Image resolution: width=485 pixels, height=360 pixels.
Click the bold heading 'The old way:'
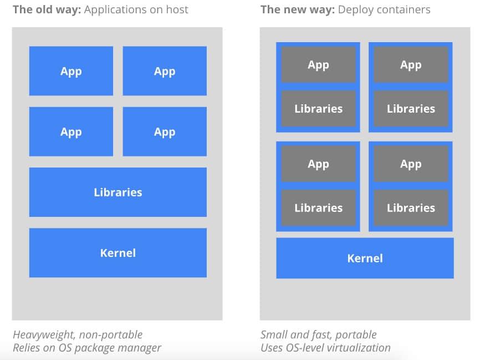pyautogui.click(x=47, y=9)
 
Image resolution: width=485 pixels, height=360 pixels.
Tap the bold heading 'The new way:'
pyautogui.click(x=296, y=9)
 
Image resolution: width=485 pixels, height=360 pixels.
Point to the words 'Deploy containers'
pyautogui.click(x=382, y=9)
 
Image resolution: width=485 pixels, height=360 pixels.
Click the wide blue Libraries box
pyautogui.click(x=118, y=192)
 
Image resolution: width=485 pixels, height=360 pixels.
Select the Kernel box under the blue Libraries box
pyautogui.click(x=118, y=252)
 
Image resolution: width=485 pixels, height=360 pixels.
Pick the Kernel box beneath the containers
pyautogui.click(x=365, y=258)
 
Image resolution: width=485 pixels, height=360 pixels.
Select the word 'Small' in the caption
pyautogui.click(x=274, y=334)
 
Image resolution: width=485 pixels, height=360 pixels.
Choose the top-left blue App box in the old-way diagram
pyautogui.click(x=71, y=71)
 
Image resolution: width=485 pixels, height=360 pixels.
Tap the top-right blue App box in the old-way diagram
pyautogui.click(x=165, y=71)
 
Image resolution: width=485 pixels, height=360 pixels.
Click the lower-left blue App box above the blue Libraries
pyautogui.click(x=71, y=131)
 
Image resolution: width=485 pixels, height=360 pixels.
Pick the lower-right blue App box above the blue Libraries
pyautogui.click(x=165, y=131)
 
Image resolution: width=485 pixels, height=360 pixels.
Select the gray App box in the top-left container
pyautogui.click(x=318, y=65)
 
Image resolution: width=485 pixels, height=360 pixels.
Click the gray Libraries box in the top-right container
pyautogui.click(x=411, y=109)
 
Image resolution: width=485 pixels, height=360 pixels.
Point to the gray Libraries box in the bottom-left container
pyautogui.click(x=318, y=208)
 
